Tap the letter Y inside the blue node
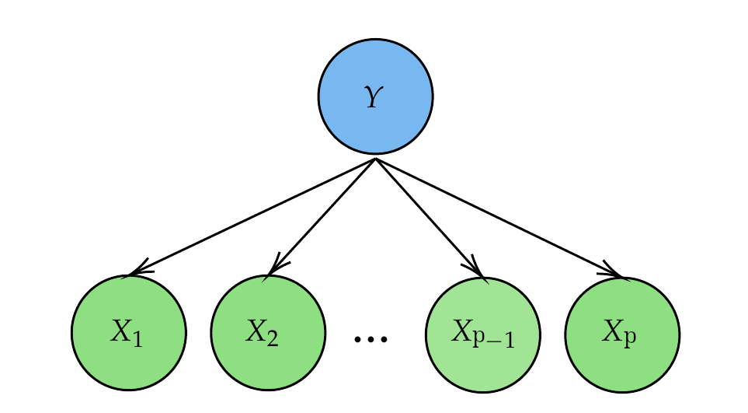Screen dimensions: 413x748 coord(374,99)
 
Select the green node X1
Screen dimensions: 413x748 coord(129,333)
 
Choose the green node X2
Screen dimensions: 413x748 coord(267,333)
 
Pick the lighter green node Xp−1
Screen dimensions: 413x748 coord(483,335)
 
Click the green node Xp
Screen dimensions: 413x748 coord(622,334)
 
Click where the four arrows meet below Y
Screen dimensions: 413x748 coord(375,159)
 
